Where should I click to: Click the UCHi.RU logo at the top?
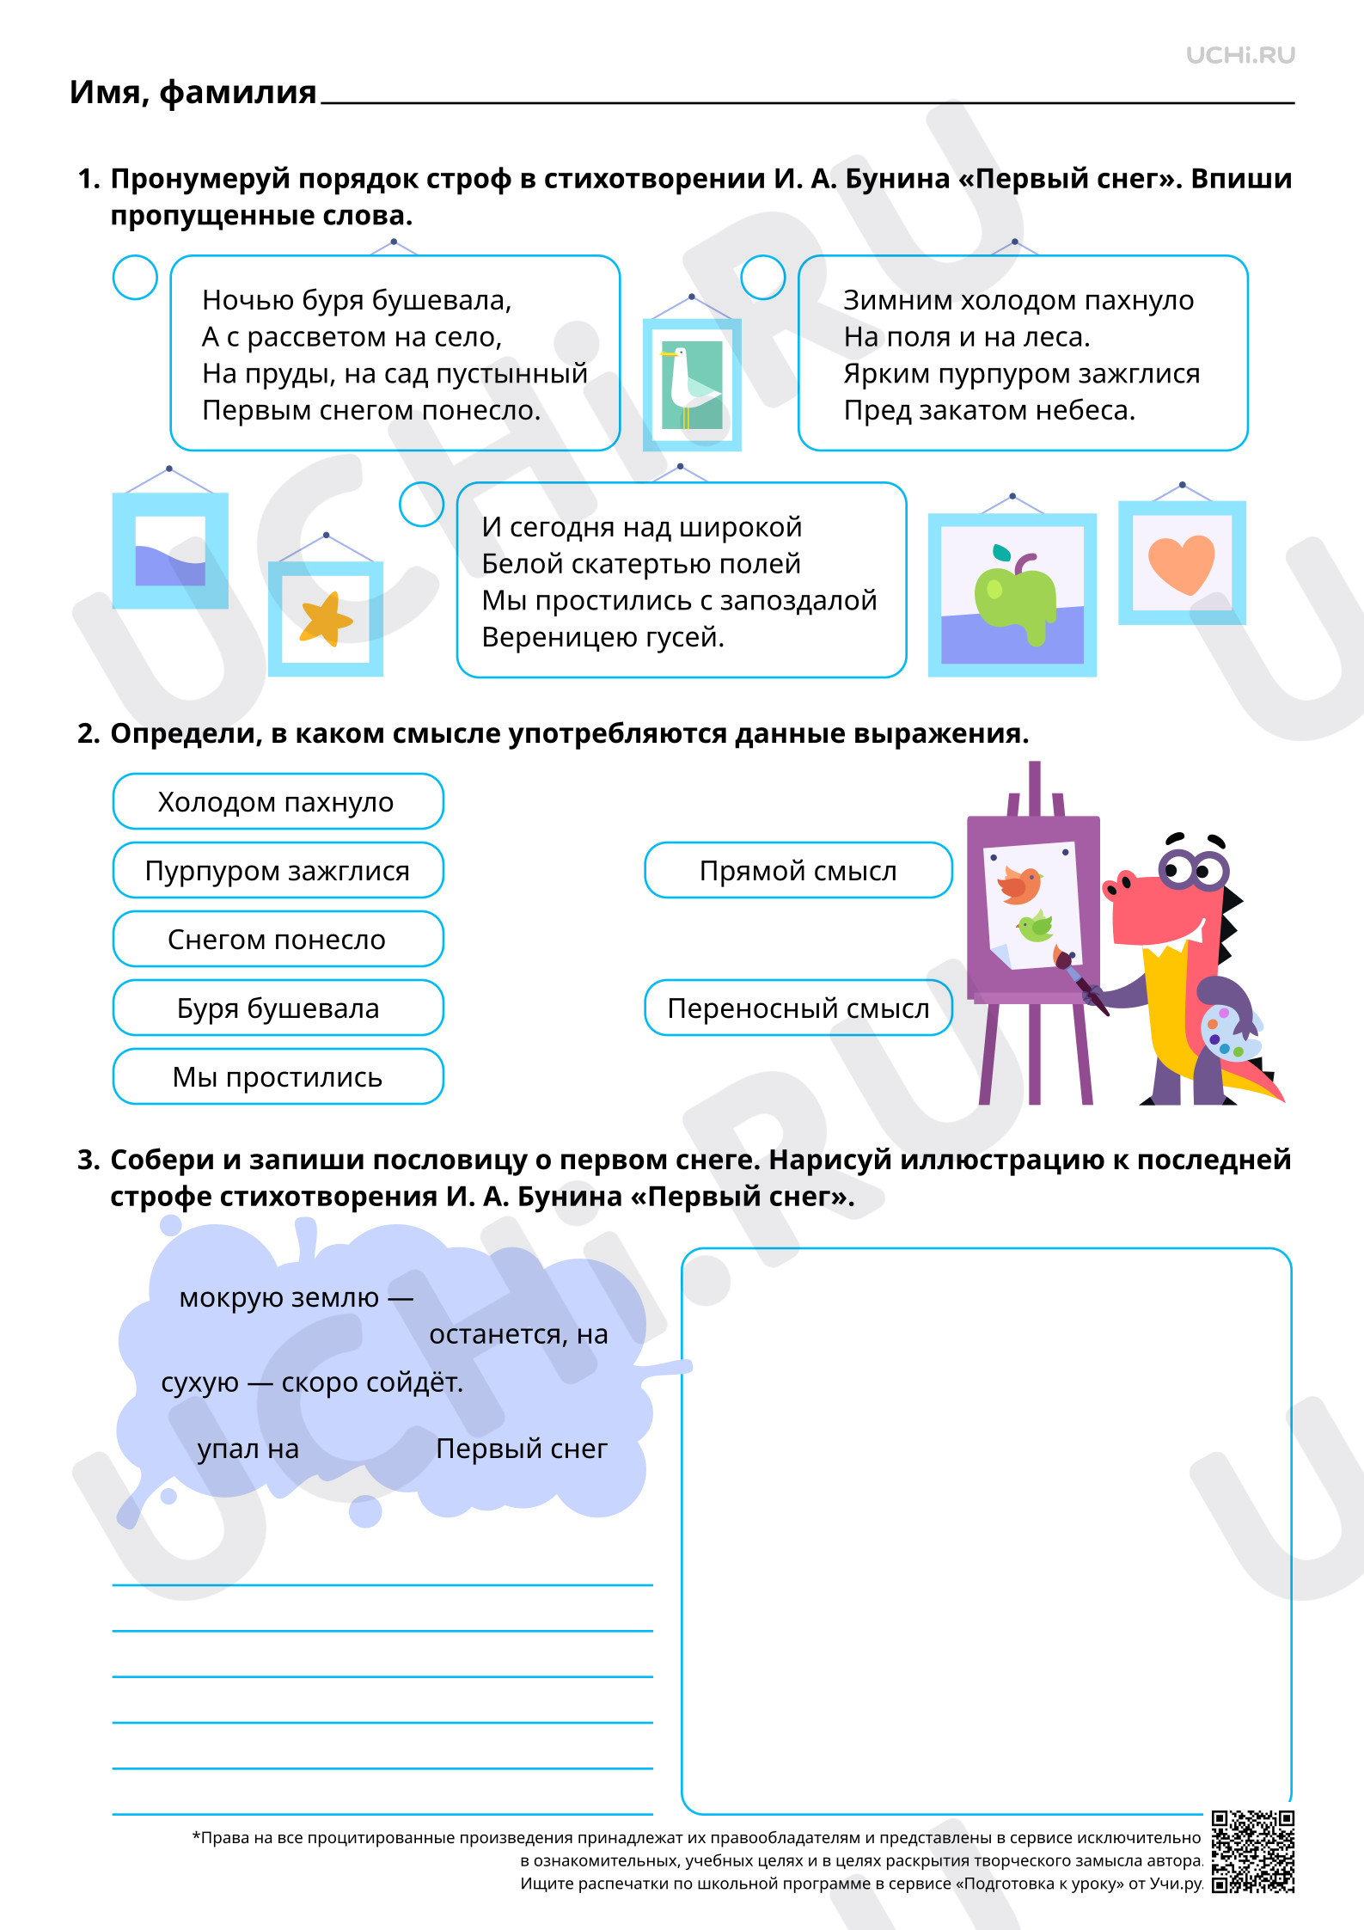(1240, 55)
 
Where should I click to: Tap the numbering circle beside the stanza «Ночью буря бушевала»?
(135, 278)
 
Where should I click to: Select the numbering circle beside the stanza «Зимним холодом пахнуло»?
(763, 278)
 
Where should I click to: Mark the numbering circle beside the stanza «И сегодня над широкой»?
(421, 504)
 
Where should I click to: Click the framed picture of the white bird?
(692, 385)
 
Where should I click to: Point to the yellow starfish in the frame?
(326, 618)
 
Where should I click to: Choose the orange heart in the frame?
(1182, 564)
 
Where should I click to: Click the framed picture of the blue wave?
(170, 550)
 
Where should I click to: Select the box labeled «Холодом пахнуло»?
(278, 801)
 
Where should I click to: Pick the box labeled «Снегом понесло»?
(278, 939)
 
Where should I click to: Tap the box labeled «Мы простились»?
(278, 1076)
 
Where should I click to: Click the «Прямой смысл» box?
(798, 870)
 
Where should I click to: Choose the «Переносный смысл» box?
(798, 1008)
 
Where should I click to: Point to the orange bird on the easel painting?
(1020, 885)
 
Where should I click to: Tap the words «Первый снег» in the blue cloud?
(522, 1449)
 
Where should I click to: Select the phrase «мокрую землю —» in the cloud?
(296, 1298)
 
